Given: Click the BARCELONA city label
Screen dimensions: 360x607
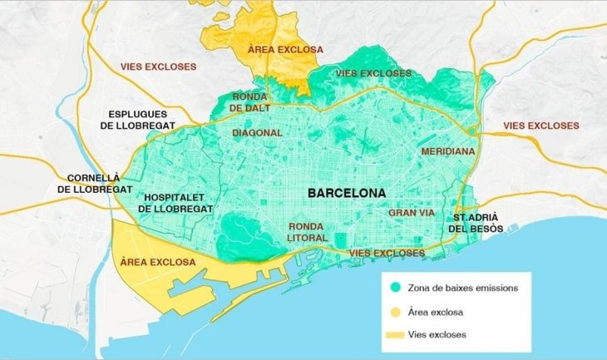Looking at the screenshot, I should (x=347, y=192).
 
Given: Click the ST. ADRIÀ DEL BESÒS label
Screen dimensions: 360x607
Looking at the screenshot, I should (x=476, y=220).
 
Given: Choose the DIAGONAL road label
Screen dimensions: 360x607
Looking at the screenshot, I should (x=257, y=132).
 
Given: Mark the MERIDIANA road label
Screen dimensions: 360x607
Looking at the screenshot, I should (x=447, y=152).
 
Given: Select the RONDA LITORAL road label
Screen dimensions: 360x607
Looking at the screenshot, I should (x=311, y=232).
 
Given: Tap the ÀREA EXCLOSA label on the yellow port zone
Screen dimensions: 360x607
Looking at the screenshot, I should (x=157, y=262).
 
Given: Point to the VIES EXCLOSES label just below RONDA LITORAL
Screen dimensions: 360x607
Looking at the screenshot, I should (x=386, y=253).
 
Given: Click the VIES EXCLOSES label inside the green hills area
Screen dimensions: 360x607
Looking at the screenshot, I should (x=373, y=73).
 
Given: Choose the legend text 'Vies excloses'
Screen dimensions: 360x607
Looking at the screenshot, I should (x=441, y=335).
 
